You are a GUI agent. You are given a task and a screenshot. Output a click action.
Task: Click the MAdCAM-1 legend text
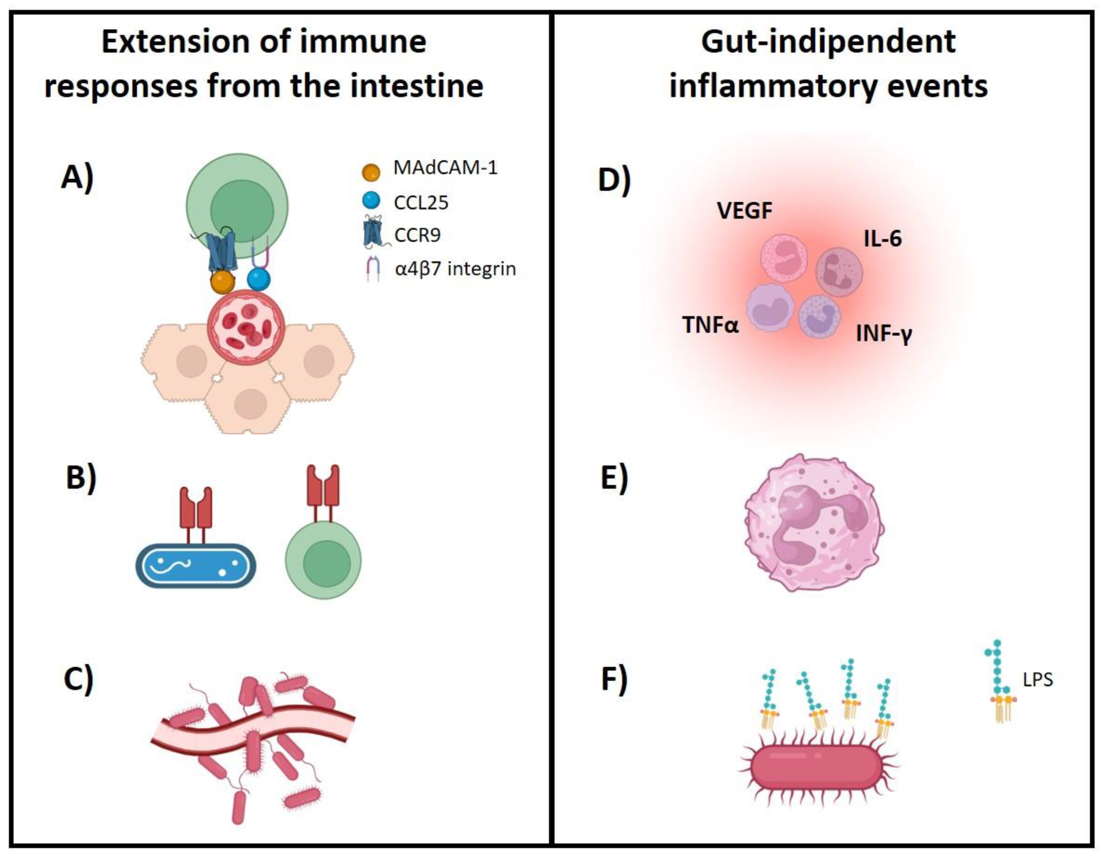point(445,167)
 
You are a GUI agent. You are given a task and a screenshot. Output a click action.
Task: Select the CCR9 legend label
point(417,235)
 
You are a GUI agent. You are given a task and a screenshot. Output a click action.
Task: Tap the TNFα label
point(710,324)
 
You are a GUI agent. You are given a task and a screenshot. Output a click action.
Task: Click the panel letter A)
point(77,178)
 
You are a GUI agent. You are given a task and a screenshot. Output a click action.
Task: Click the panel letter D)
point(614,180)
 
